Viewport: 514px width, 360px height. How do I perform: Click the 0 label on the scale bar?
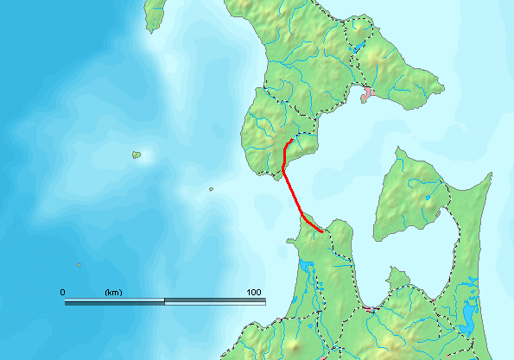(62, 294)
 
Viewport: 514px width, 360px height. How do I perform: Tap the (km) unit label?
(113, 294)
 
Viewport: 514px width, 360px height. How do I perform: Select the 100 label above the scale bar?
(254, 294)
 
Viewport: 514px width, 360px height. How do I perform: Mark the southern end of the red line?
(322, 231)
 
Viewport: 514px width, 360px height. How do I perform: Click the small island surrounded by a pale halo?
(136, 155)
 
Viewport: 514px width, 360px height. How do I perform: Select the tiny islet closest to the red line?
(211, 190)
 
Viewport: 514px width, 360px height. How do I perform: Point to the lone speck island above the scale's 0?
(79, 265)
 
